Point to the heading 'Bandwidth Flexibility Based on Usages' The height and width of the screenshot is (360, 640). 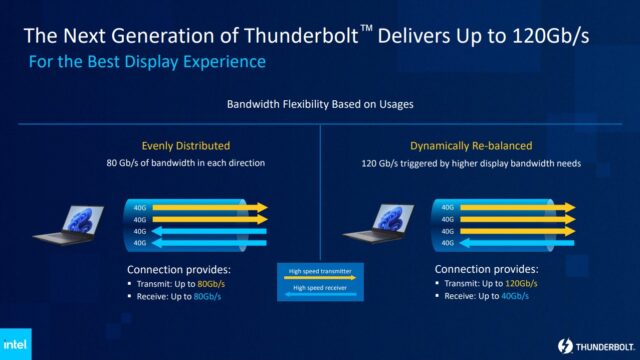click(x=320, y=103)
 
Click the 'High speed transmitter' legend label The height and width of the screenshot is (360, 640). click(x=320, y=271)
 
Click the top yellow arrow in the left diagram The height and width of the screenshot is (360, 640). click(x=205, y=207)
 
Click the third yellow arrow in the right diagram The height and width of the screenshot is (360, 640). click(x=515, y=229)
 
